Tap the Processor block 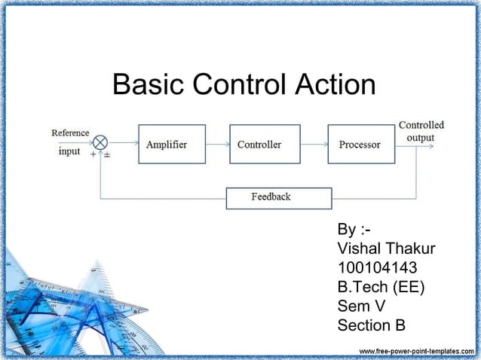(x=360, y=144)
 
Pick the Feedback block (x=279, y=197)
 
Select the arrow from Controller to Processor (x=314, y=144)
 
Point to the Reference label (x=70, y=133)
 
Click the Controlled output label (x=421, y=131)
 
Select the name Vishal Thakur (x=387, y=249)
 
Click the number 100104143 (x=377, y=268)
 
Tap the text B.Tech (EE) (x=381, y=287)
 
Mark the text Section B (x=372, y=325)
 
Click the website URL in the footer (x=415, y=352)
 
